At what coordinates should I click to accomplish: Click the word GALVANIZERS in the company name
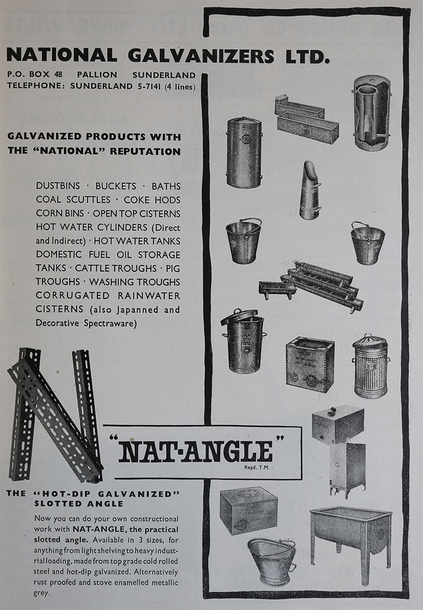pos(201,56)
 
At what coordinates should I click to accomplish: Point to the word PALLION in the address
pos(97,75)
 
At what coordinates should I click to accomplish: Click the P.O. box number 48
pos(58,74)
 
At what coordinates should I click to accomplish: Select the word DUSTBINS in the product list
pos(58,185)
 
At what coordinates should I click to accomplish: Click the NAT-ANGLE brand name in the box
pos(196,452)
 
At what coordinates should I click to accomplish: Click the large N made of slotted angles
pos(55,415)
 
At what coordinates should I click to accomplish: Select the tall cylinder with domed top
pos(244,153)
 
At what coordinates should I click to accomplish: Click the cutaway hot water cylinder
pos(372,113)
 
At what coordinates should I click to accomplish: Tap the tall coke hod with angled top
pos(310,190)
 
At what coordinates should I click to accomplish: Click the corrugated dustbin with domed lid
pos(371,366)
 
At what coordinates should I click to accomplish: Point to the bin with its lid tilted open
pos(244,341)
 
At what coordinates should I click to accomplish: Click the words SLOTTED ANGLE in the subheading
pos(78,503)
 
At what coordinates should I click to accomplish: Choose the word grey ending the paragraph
pos(41,593)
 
